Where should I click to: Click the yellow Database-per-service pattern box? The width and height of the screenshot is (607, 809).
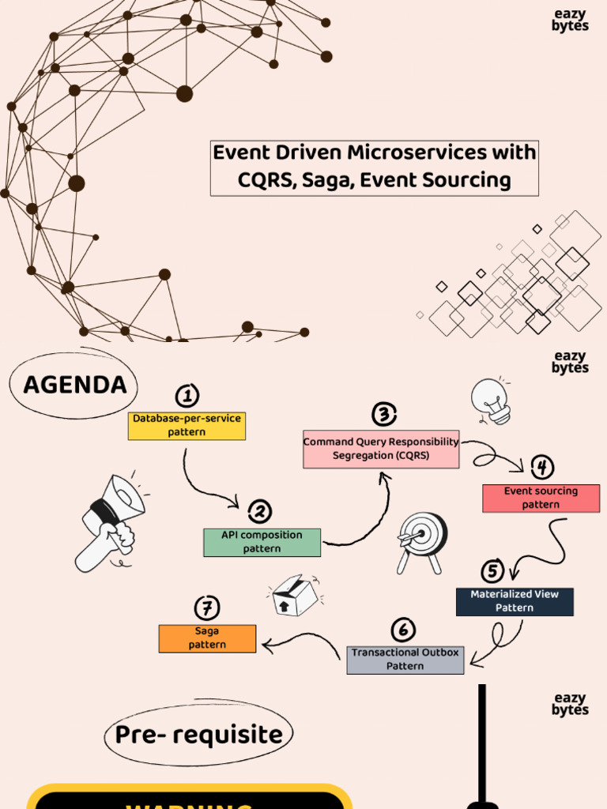pos(187,426)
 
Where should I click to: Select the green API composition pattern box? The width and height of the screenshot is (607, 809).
pos(262,542)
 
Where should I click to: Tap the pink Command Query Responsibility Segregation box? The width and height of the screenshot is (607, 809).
pos(381,450)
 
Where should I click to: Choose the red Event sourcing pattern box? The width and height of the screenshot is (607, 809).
pos(541,498)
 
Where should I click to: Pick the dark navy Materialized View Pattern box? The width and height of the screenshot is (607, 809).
pos(515,601)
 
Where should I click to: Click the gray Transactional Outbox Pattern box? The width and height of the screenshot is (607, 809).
pos(405,660)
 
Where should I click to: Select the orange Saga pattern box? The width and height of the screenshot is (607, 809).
pos(207,638)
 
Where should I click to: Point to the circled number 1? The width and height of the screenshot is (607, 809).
pos(187,396)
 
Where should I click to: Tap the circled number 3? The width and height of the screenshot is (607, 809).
pos(383,414)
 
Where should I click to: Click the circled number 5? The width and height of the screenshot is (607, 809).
pos(492,570)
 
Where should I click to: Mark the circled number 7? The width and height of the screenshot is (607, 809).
pos(207,608)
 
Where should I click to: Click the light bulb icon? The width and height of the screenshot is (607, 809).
pos(491,401)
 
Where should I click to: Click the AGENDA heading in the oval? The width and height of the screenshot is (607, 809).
pos(75,386)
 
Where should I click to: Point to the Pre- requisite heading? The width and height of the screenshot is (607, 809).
pos(198,735)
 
